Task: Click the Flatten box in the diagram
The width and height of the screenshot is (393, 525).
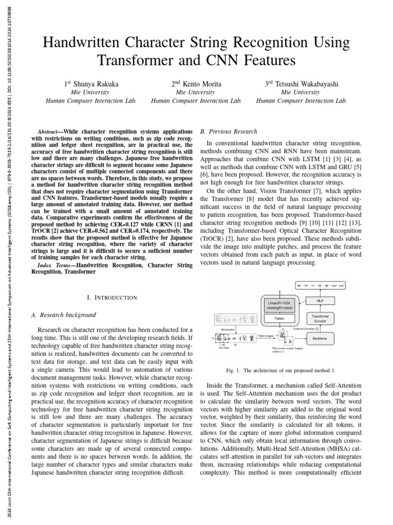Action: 280,318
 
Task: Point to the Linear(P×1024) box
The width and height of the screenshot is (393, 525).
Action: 280,306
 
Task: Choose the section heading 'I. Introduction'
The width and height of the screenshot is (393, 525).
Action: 112,297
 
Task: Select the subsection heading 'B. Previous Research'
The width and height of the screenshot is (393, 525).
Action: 229,131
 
